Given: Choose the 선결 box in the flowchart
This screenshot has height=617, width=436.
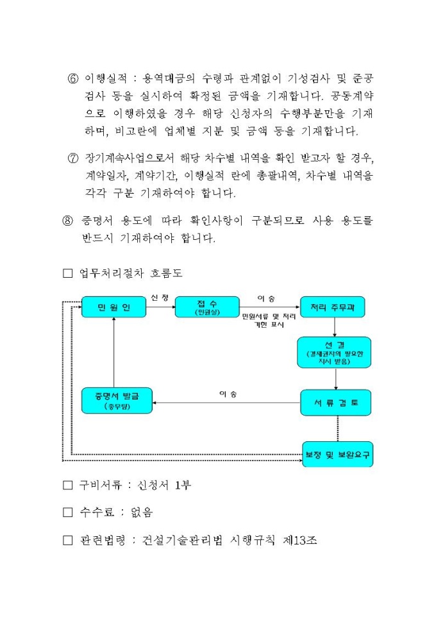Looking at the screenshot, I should tap(337, 353).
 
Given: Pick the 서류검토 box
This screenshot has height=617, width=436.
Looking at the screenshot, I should tap(337, 402).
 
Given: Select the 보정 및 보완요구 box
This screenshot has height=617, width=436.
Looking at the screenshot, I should tap(338, 454).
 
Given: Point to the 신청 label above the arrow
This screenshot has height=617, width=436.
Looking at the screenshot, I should tap(160, 297).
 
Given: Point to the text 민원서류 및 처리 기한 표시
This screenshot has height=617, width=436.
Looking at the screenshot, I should tap(269, 321).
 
